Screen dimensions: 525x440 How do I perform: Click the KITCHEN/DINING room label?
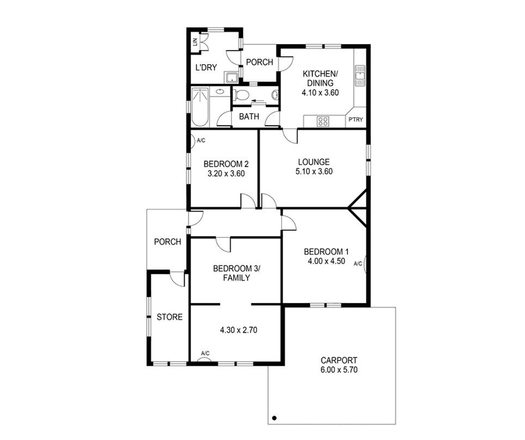click(320, 78)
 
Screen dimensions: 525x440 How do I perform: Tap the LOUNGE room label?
click(314, 162)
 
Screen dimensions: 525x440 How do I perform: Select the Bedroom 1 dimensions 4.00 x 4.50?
click(326, 261)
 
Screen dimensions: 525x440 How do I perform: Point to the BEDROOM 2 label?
click(226, 164)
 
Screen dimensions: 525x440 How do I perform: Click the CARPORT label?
click(339, 361)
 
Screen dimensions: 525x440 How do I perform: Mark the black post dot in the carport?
click(274, 418)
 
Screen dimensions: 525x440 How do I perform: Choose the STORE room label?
click(170, 317)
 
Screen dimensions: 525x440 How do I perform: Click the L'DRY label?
click(206, 67)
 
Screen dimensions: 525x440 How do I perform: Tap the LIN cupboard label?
click(195, 42)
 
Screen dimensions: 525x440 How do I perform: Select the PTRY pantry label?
click(356, 119)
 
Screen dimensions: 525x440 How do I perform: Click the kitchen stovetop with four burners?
click(323, 121)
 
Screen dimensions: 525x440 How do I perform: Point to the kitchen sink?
click(360, 76)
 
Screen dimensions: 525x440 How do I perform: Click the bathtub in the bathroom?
click(200, 107)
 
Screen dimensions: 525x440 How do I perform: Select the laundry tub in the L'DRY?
click(231, 78)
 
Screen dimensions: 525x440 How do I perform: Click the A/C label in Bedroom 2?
click(201, 140)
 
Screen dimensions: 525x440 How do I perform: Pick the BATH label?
click(249, 116)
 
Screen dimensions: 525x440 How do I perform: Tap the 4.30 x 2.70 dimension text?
click(239, 330)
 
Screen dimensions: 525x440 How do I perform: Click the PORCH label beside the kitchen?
click(259, 62)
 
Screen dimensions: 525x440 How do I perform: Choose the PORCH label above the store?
click(167, 241)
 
